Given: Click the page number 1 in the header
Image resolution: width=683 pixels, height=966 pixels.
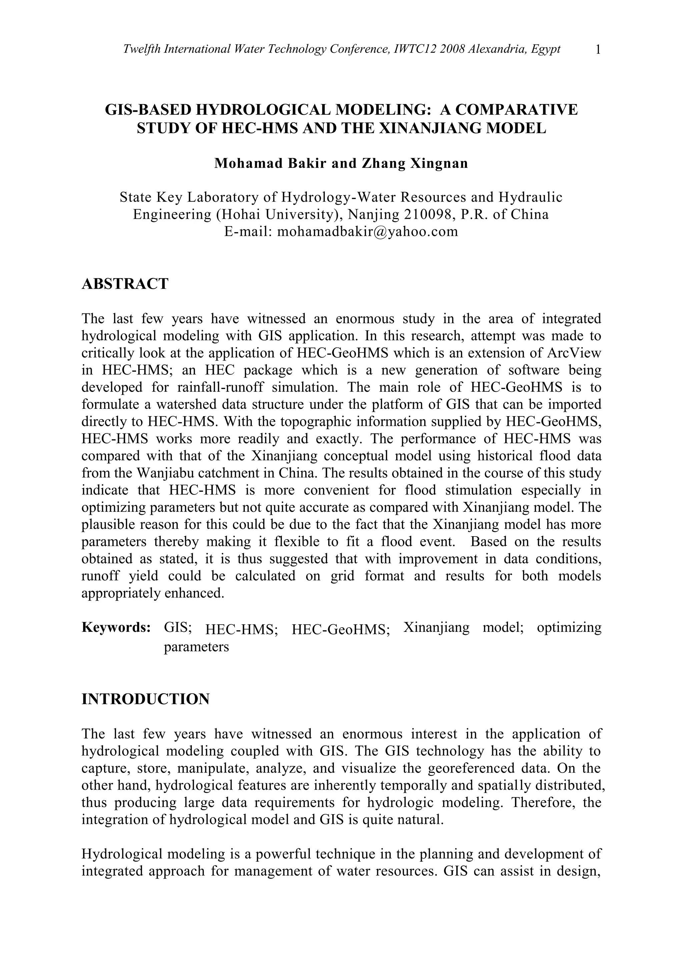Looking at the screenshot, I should [x=598, y=50].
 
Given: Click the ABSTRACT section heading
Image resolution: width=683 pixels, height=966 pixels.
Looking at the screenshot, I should [x=125, y=283].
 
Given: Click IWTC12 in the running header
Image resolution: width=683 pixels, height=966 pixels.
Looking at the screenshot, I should [x=415, y=49].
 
